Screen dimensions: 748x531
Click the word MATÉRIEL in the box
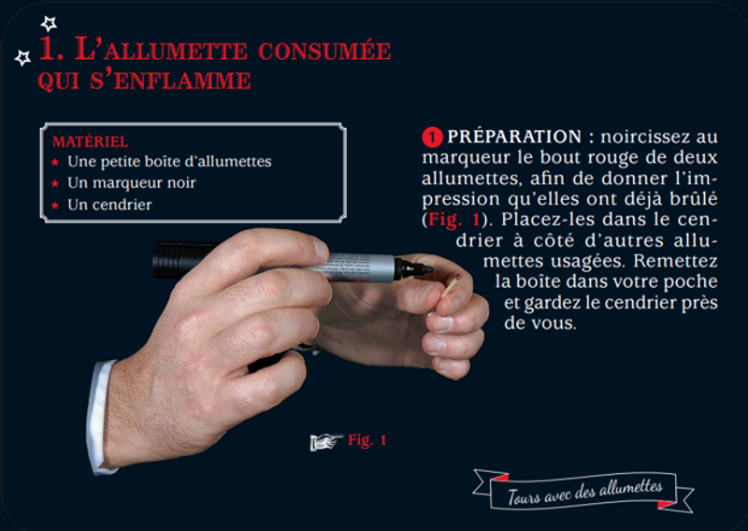[90, 142]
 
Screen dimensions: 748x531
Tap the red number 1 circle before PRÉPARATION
[432, 137]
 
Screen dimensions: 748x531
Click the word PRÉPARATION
[514, 136]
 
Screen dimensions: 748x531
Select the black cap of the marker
[182, 260]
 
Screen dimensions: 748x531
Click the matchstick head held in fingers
[457, 278]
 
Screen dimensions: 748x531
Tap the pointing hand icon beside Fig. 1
[326, 442]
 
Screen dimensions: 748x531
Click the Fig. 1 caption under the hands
[367, 440]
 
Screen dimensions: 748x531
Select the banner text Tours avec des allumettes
[584, 492]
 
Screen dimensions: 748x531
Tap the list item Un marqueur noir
[132, 182]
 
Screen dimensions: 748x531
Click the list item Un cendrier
[109, 205]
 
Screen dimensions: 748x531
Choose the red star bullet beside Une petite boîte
[55, 162]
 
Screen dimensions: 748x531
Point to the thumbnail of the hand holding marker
[321, 249]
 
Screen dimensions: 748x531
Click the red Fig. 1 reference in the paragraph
[453, 220]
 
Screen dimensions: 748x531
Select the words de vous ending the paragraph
[540, 323]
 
